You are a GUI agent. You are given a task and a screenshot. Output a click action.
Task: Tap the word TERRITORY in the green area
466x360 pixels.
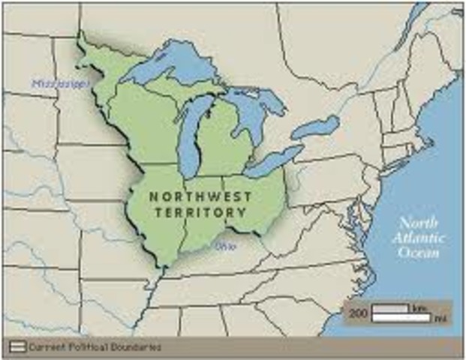coord(200,212)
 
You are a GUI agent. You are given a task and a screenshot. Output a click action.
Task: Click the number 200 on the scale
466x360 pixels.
coord(358,313)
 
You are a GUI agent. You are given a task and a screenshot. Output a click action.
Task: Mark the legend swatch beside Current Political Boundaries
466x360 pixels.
coord(17,347)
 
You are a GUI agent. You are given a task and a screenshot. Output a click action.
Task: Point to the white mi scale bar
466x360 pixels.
coord(401,318)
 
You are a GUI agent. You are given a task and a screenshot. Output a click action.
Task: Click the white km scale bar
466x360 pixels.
coord(390,307)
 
